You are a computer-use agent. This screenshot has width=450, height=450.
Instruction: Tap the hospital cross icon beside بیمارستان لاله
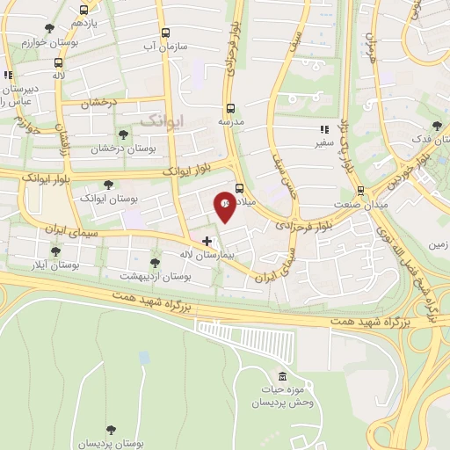207,241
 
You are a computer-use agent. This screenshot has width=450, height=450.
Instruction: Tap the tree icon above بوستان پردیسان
110,430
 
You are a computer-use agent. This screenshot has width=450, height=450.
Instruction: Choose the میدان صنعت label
359,205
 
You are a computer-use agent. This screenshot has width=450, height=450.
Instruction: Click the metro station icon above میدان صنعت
359,190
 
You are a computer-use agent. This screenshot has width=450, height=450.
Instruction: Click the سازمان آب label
163,45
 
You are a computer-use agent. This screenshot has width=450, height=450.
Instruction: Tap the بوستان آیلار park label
55,264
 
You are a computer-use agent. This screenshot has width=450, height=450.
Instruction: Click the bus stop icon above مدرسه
228,110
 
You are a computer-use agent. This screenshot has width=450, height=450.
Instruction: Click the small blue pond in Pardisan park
144,358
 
